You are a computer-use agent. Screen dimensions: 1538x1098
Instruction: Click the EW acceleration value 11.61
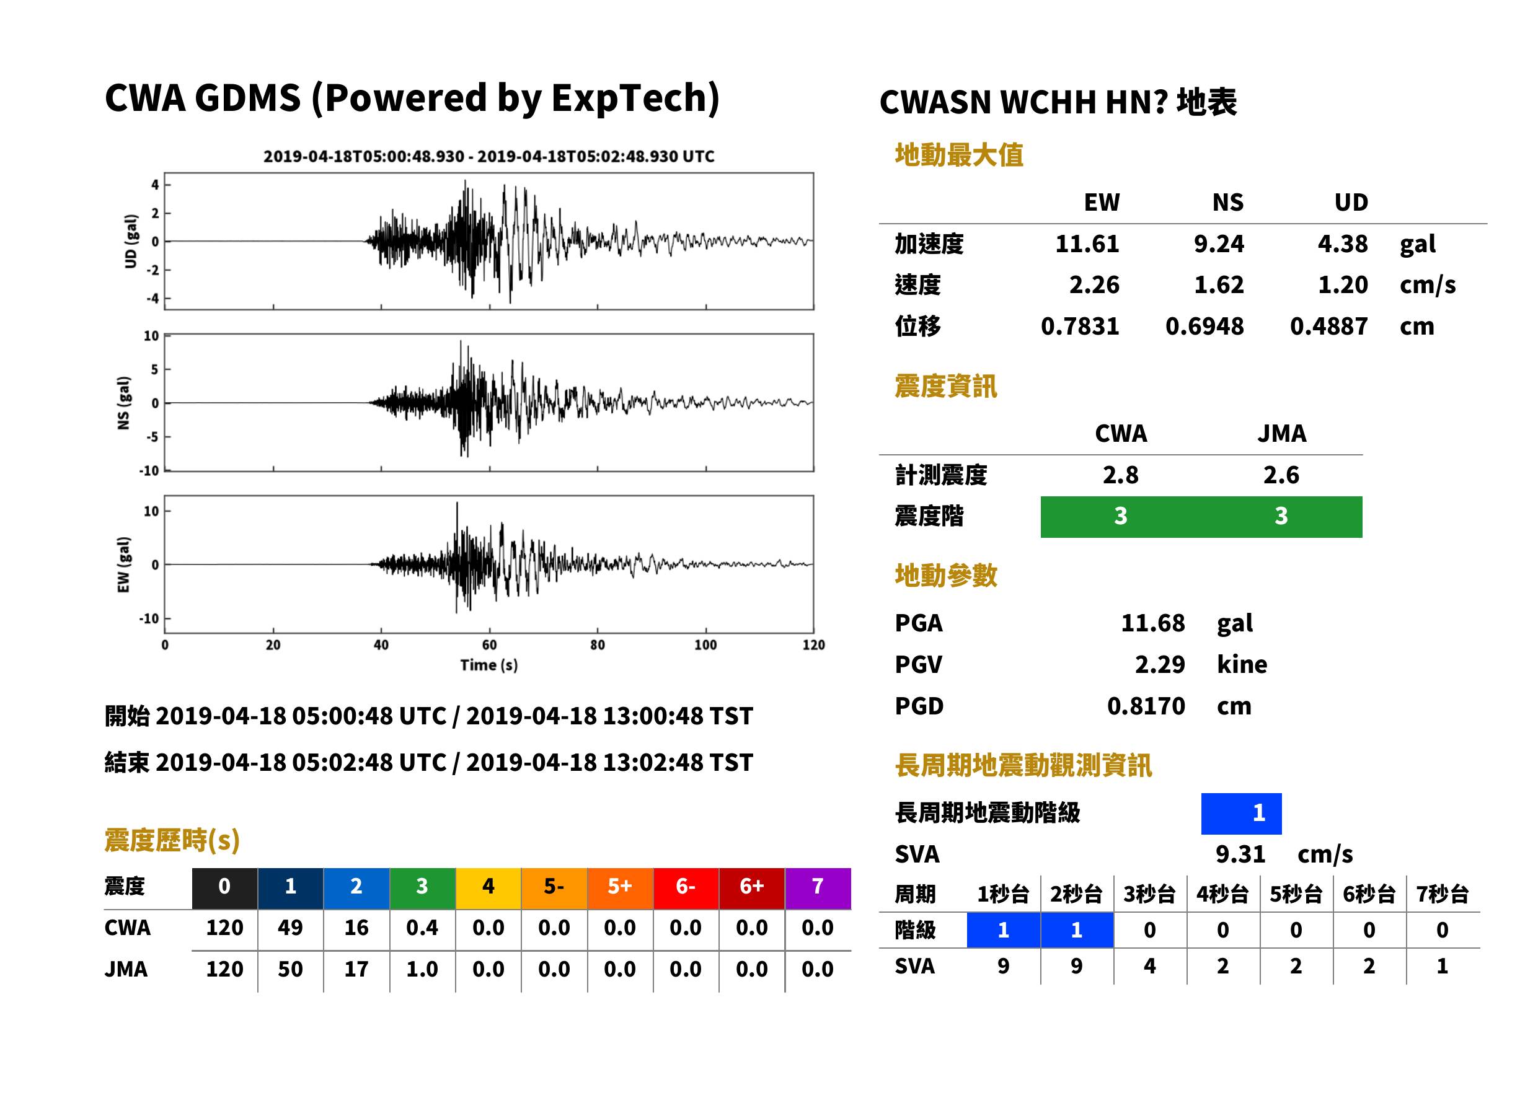tap(1087, 244)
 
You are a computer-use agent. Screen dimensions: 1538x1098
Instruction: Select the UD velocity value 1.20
tap(1343, 284)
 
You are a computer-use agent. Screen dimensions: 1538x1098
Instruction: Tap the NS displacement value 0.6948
tap(1204, 326)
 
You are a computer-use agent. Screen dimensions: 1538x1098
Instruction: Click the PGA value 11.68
tap(1152, 623)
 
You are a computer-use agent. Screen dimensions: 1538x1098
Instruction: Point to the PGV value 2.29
tap(1160, 664)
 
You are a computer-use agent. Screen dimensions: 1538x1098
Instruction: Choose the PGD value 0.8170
tap(1146, 706)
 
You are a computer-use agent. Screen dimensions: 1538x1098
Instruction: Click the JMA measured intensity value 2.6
tap(1281, 475)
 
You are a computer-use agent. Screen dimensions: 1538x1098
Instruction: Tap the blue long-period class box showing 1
tap(1241, 814)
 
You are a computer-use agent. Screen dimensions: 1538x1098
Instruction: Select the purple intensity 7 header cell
tap(818, 888)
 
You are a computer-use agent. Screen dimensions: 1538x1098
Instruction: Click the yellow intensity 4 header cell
tap(488, 888)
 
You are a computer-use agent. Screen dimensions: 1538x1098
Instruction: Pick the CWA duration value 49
tap(290, 928)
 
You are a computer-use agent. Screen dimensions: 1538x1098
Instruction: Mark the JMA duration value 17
tap(356, 969)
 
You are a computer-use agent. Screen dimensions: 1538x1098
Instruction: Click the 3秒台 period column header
tap(1149, 894)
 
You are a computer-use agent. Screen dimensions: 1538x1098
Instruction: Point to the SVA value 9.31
tap(1240, 854)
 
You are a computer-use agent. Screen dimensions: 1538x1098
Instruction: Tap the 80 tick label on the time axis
tap(597, 645)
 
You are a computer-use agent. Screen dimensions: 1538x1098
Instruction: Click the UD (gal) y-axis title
tap(131, 242)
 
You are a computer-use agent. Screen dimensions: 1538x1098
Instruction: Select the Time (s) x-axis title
tap(489, 665)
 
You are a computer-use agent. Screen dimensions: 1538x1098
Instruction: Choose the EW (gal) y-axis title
tap(123, 564)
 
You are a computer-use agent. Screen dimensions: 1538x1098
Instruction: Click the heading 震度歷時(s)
tap(172, 840)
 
